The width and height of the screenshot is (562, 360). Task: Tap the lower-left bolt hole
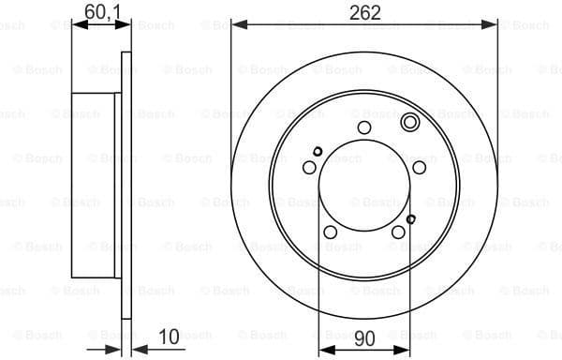tap(330, 232)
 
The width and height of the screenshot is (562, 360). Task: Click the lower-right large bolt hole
tap(397, 232)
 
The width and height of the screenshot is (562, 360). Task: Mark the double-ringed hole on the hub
tap(408, 123)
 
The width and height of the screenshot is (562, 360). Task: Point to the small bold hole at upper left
tap(318, 152)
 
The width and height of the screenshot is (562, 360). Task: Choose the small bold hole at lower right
tap(410, 219)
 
